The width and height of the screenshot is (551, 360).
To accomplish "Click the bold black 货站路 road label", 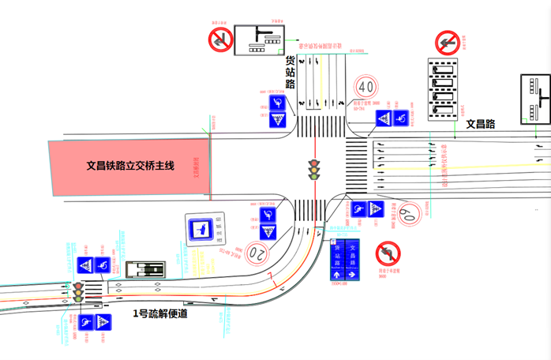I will tap(290, 72).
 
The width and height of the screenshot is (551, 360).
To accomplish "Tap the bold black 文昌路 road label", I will tap(480, 124).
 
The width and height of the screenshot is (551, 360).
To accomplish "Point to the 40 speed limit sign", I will tap(365, 85).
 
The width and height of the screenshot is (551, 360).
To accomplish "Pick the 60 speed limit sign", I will tap(408, 212).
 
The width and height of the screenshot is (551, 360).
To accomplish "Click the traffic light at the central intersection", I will tap(314, 170).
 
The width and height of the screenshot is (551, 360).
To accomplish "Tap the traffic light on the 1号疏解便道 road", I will tap(79, 291).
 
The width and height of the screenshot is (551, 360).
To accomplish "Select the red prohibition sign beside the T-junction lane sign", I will tap(219, 39).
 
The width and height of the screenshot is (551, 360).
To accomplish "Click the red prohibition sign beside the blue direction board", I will tap(388, 254).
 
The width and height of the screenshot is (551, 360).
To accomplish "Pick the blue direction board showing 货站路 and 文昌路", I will tap(345, 259).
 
